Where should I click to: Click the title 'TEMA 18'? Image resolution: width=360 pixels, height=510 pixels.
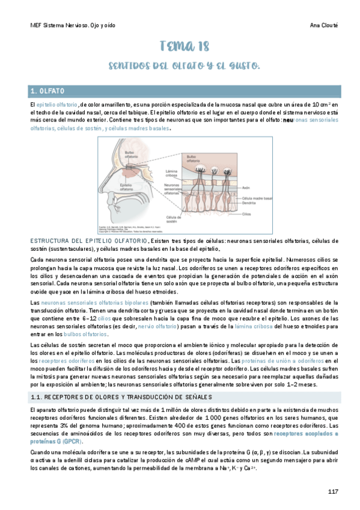180,47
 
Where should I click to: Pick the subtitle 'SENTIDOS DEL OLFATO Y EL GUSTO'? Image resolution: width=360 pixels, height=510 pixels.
180,66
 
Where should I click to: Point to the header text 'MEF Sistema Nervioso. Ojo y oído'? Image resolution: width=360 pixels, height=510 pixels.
73,26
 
